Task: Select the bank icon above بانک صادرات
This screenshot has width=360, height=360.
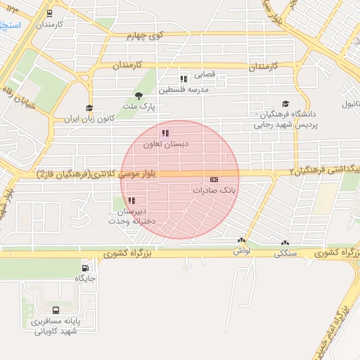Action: click(x=214, y=180)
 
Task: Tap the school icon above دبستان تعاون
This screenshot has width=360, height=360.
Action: click(x=165, y=133)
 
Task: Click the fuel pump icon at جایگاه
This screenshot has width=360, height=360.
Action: click(x=86, y=268)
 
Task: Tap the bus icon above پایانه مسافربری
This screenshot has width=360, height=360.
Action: click(x=56, y=310)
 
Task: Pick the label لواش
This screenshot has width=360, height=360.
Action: click(x=240, y=251)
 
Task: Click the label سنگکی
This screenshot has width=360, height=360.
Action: click(x=284, y=251)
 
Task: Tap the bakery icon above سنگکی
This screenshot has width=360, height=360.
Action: click(x=284, y=240)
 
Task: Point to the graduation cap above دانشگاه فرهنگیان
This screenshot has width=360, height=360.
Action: click(x=285, y=103)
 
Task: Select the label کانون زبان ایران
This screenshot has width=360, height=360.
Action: click(x=89, y=118)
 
